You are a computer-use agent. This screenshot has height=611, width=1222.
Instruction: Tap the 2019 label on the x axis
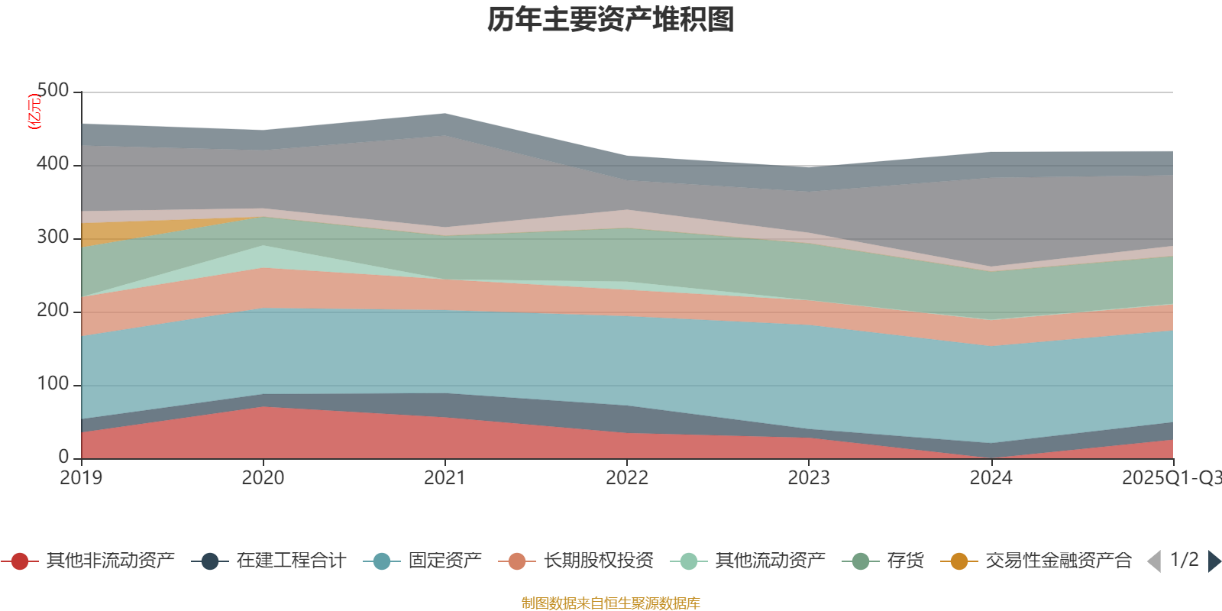81,478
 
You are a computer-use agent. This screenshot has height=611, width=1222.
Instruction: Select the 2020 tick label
263,478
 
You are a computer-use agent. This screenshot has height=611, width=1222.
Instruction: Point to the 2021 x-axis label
445,478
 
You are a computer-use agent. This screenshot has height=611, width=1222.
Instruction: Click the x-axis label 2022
626,478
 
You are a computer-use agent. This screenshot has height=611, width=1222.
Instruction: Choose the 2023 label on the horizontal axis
809,478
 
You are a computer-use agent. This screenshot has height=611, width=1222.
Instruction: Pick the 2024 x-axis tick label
991,478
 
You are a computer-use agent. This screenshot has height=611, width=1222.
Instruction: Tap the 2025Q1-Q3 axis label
1171,478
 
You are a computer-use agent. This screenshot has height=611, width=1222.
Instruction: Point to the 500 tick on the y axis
53,91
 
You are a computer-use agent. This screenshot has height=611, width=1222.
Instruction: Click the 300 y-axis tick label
53,238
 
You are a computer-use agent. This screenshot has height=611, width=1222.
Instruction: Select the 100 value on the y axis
53,384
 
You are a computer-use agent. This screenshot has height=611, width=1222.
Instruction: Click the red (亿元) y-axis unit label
34,112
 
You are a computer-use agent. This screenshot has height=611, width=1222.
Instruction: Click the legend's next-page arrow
1214,561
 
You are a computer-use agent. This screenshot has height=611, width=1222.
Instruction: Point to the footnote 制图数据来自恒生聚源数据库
611,603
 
